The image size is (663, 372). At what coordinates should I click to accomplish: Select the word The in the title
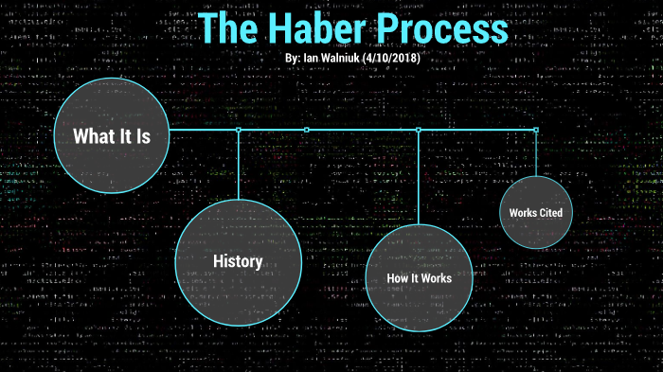229,29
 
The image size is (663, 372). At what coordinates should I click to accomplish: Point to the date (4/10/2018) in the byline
386,59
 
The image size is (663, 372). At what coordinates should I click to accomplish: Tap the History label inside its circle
238,260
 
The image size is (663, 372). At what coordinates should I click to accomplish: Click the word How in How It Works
397,278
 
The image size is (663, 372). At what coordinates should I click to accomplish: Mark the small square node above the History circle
238,130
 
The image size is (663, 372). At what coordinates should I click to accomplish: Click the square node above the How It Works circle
418,130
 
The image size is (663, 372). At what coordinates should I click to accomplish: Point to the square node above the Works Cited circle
536,130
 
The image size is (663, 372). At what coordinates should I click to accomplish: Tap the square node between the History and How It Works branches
306,130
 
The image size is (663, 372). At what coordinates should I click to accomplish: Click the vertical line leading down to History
238,166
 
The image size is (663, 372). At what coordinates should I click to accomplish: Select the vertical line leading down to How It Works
418,175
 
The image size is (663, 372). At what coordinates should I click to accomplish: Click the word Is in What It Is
142,136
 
